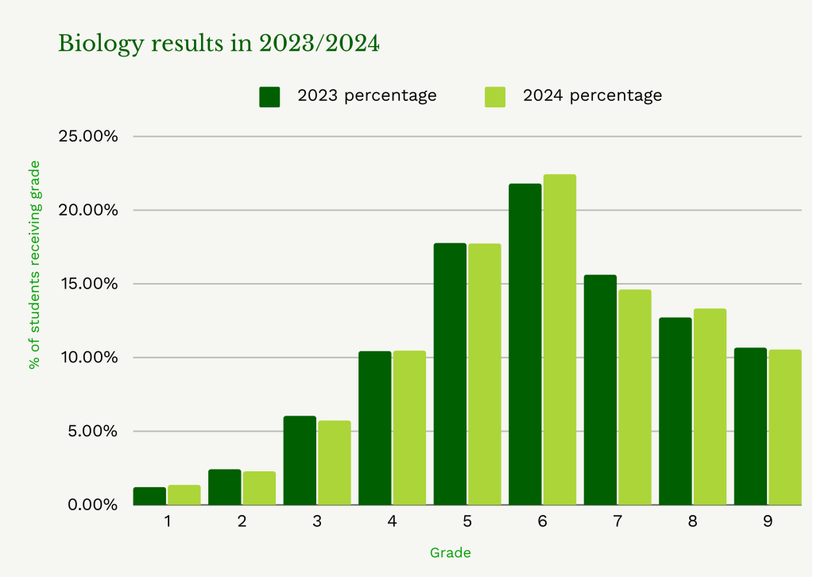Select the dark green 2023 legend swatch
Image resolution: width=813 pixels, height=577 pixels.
[270, 96]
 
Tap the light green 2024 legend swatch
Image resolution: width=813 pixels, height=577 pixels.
[495, 96]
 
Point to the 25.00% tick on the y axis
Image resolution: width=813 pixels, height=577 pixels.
[88, 136]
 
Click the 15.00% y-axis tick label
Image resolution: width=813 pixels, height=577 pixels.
[88, 284]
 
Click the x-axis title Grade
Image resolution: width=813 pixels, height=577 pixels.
[450, 552]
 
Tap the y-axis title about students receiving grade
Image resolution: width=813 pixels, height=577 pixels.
[34, 265]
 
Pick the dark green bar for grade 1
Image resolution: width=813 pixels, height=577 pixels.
[149, 496]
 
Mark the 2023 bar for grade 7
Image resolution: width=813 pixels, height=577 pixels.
[600, 389]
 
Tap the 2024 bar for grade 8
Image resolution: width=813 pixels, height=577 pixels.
[710, 406]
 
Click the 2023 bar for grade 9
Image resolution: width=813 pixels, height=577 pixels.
[750, 426]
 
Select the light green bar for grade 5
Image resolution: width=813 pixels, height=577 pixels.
[484, 374]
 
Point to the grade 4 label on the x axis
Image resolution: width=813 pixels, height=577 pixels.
[392, 522]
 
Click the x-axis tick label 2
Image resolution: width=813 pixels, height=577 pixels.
[242, 522]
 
